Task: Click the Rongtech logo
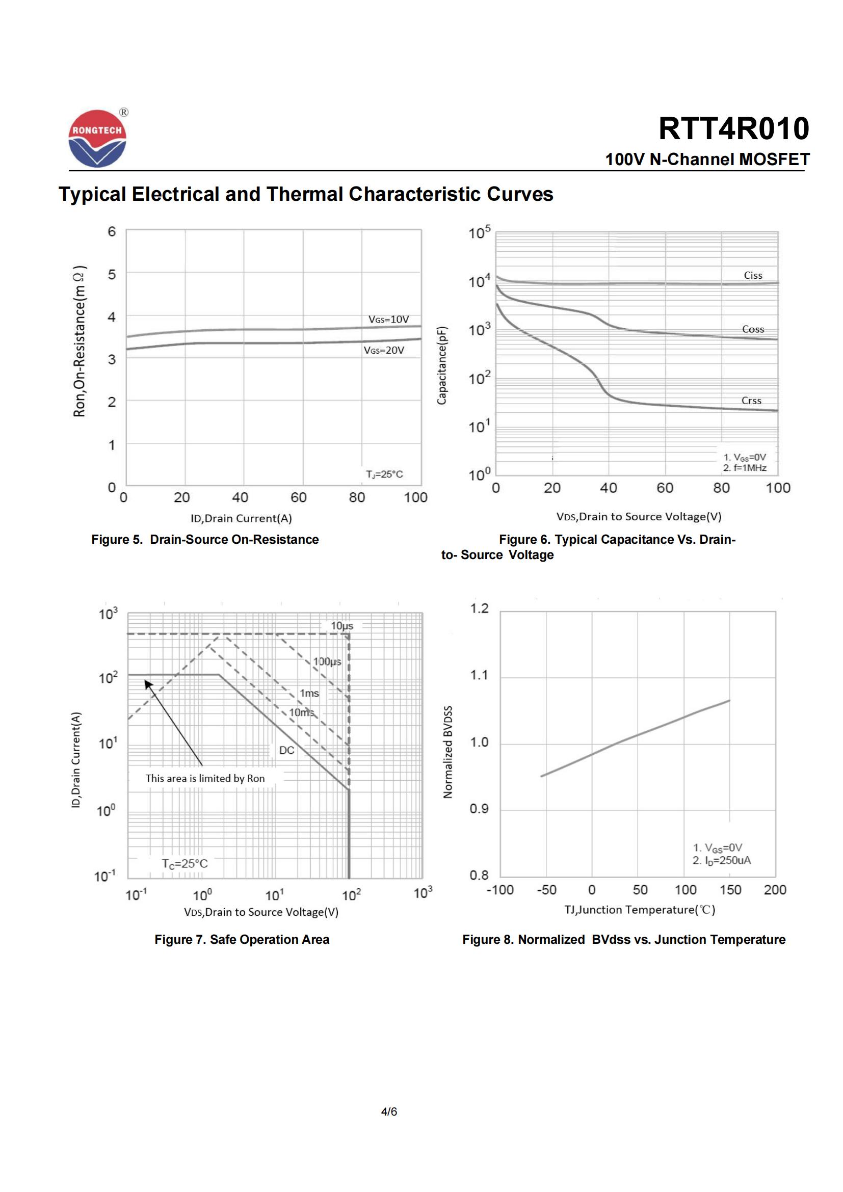point(97,139)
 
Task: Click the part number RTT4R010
point(733,128)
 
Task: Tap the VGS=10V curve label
point(388,320)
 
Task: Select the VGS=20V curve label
point(384,351)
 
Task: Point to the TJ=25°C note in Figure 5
point(384,474)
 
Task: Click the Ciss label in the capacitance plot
point(753,275)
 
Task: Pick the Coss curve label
point(753,329)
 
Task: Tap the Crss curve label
point(751,400)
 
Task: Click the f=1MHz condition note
point(745,468)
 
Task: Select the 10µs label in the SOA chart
point(342,626)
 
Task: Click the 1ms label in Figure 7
point(309,693)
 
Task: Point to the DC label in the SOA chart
point(286,750)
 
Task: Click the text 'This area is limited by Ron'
point(205,778)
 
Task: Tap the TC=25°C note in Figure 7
point(185,863)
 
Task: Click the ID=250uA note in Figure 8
point(722,860)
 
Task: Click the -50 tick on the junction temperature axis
point(546,890)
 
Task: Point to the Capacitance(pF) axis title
point(442,365)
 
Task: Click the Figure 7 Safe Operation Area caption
point(242,940)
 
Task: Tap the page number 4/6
point(389,1111)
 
